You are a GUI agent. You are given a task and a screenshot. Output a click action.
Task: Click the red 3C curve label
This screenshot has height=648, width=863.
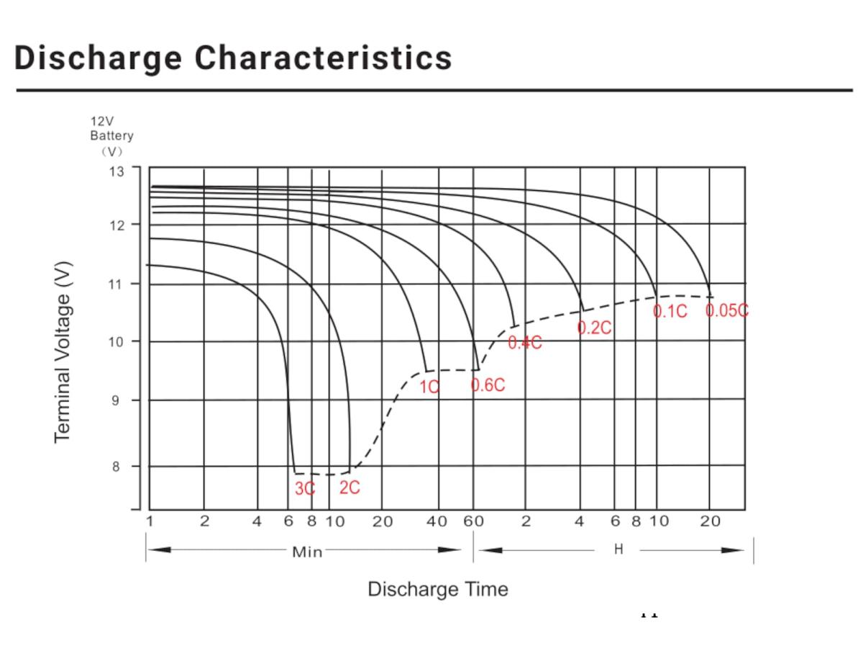coord(305,488)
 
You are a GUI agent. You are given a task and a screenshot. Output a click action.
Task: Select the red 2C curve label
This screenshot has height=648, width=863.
coord(350,487)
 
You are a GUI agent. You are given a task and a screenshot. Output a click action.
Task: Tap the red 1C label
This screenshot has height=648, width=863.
coord(429,387)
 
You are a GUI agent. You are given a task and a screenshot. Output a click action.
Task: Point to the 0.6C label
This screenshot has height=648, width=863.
coord(488,385)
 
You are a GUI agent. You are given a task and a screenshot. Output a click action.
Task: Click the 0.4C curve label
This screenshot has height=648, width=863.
coord(525,343)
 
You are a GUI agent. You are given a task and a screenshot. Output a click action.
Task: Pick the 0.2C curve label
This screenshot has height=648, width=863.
coord(595,328)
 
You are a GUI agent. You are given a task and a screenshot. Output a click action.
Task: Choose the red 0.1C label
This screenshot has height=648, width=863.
coord(670,311)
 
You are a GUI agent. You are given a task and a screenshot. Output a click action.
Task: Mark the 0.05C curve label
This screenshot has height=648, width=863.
coord(727,310)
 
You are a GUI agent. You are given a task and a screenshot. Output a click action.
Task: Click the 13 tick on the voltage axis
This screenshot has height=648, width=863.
coord(116,171)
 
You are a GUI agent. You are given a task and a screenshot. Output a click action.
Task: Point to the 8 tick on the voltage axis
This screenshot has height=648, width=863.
coord(116,467)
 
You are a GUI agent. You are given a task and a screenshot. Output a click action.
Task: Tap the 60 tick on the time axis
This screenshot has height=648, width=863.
coord(473,521)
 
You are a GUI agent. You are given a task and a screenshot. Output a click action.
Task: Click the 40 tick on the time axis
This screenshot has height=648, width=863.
coord(437,521)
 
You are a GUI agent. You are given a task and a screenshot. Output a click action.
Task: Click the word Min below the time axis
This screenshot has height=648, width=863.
coord(307,552)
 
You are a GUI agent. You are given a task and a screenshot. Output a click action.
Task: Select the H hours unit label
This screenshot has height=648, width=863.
coord(618,550)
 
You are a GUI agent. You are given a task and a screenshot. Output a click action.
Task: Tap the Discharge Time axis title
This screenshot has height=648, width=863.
coord(437,589)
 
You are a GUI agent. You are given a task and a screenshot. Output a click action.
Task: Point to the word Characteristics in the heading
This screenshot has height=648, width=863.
coord(324,58)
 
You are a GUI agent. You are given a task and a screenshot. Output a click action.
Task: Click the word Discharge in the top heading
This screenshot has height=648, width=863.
coord(98,58)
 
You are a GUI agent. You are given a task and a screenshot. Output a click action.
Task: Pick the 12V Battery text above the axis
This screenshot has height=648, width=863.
coord(111,128)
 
